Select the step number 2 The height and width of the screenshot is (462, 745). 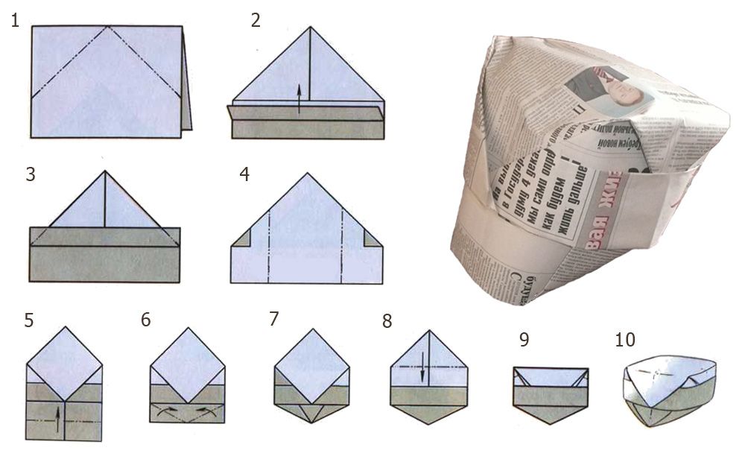(256, 21)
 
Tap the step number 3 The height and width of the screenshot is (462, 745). (30, 175)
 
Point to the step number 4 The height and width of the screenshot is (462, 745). (244, 175)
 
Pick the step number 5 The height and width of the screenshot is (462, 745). (28, 321)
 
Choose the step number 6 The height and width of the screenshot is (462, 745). (145, 320)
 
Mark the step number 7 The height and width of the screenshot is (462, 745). (274, 320)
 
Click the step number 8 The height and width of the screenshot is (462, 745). (386, 321)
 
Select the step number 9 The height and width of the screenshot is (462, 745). (524, 340)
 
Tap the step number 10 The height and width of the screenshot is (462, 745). (626, 340)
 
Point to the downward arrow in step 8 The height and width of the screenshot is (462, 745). (423, 368)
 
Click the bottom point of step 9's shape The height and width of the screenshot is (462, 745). (551, 423)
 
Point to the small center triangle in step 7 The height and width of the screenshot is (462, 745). (311, 411)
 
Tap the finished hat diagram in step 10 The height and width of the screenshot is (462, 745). (668, 391)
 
